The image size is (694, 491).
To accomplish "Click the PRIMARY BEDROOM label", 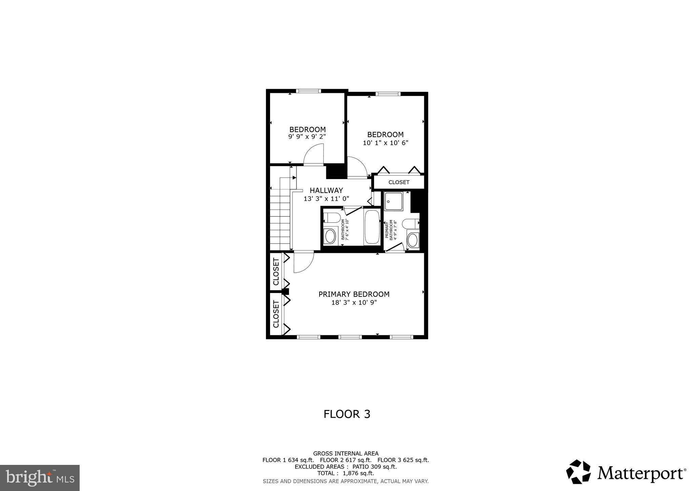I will pos(354,294).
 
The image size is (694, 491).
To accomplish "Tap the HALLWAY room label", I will pos(326,191).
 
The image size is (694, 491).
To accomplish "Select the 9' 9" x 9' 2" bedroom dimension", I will pos(307,137).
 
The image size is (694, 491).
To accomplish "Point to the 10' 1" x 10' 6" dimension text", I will pos(385,143).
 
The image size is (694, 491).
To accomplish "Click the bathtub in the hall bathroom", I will pos(372,227).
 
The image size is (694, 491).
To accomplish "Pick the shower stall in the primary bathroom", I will pos(393,201).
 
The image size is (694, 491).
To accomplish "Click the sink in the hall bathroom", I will pos(330,236).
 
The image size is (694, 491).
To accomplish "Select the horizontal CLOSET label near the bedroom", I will pos(399,182).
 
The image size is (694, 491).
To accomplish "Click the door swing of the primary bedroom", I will pos(302,262).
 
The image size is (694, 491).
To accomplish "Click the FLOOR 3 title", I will pos(347,414).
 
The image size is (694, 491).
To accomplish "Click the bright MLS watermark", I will pos(40,478).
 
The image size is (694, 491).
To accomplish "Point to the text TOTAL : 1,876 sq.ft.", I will pos(345,473).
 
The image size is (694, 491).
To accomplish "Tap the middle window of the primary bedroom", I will pos(350,337).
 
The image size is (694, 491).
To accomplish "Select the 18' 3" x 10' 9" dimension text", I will pos(354,302).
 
